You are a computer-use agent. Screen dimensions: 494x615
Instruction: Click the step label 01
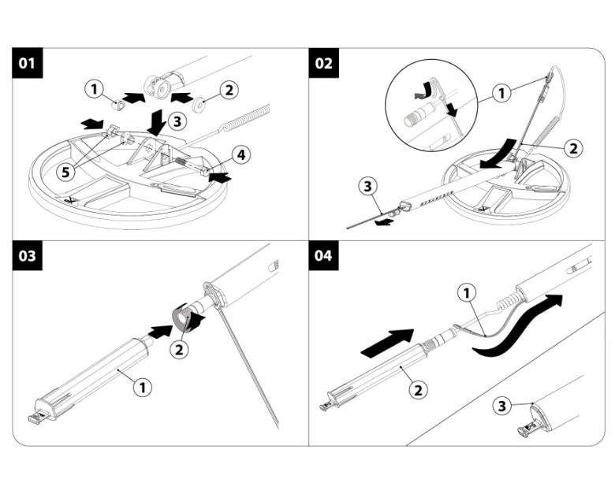[28, 63]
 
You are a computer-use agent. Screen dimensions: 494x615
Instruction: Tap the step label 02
[324, 63]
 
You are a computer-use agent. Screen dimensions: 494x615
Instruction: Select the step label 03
[28, 258]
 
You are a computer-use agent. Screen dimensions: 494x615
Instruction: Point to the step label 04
[324, 258]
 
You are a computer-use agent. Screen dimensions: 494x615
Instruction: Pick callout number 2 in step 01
[228, 90]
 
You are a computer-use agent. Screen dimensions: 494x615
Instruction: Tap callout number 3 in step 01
[178, 121]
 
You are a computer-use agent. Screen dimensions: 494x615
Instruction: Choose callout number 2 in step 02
[573, 147]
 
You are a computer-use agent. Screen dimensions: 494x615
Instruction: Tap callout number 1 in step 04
[468, 293]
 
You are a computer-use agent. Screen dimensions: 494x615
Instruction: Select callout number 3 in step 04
[500, 407]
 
